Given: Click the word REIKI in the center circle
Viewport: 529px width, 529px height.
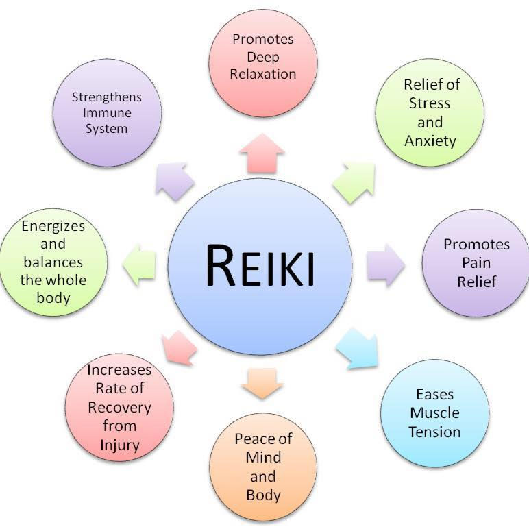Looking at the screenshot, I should (260, 266).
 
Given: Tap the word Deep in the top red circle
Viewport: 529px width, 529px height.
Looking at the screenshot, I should (263, 57).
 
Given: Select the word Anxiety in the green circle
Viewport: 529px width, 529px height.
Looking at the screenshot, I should (430, 141).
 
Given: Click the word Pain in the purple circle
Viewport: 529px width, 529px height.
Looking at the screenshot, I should (476, 262).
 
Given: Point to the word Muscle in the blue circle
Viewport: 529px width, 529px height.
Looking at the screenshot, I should (434, 413).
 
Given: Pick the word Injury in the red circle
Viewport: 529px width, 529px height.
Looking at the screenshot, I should (119, 445).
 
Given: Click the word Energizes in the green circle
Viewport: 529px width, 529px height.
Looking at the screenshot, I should (53, 226).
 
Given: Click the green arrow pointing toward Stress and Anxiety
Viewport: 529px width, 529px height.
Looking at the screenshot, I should (354, 182).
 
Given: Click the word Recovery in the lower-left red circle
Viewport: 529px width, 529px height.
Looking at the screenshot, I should (119, 408).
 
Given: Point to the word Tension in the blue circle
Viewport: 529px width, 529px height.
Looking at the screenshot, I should (434, 432).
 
